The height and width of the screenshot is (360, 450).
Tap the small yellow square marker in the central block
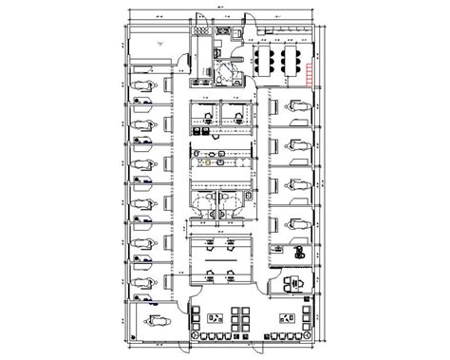click(202, 161)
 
